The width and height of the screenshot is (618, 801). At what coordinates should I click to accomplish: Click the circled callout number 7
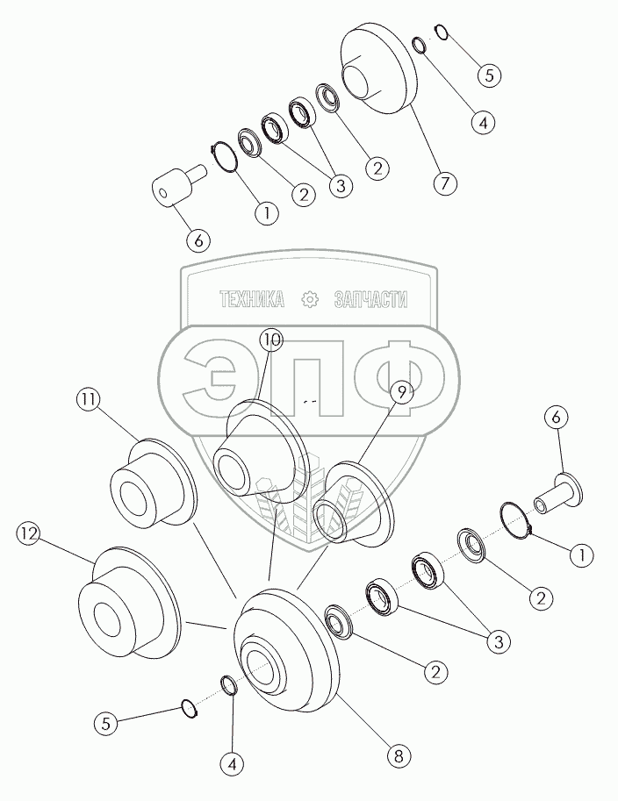[445, 183]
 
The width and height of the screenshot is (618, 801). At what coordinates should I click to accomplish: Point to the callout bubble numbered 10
[272, 340]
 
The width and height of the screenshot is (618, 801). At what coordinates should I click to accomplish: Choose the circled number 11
[85, 399]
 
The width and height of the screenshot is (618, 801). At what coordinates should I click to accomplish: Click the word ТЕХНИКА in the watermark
[251, 300]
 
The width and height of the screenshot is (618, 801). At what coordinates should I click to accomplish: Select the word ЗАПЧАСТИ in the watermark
[371, 300]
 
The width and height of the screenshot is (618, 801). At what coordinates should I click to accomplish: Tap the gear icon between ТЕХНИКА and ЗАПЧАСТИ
[309, 300]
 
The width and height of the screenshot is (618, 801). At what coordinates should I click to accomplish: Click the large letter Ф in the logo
[395, 377]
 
